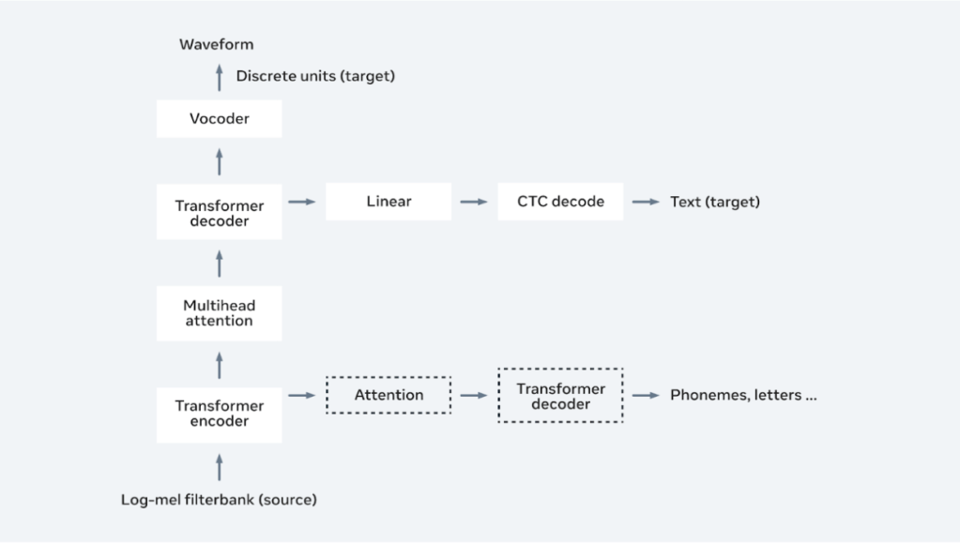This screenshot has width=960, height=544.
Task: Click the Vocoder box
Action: click(x=219, y=119)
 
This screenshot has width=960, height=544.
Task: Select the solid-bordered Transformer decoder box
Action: click(x=219, y=212)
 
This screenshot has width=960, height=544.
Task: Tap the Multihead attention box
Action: click(x=219, y=313)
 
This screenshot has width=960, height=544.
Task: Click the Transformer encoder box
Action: click(x=219, y=414)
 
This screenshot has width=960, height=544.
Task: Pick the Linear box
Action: click(x=389, y=202)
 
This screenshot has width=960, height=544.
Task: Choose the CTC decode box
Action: click(x=560, y=202)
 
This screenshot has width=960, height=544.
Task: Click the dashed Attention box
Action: click(x=389, y=395)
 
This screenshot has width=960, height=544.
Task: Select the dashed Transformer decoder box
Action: click(x=560, y=396)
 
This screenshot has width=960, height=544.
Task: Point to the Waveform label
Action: click(x=218, y=44)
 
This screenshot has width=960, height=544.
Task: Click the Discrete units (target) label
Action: click(x=315, y=76)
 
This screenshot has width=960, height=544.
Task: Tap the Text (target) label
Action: click(x=714, y=202)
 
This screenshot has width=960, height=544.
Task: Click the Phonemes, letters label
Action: click(x=742, y=395)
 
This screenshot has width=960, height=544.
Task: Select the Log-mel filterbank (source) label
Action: click(x=219, y=500)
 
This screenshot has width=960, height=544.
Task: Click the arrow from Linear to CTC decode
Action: click(x=474, y=202)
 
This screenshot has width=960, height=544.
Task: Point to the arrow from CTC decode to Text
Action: click(x=646, y=202)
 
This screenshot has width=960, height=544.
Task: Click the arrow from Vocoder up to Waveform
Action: click(x=219, y=77)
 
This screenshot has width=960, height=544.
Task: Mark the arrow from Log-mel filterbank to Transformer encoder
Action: click(x=219, y=465)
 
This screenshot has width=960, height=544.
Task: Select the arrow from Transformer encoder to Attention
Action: click(x=301, y=395)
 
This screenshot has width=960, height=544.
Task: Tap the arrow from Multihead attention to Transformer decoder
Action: click(x=219, y=263)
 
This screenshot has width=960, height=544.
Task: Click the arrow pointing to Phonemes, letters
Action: click(x=646, y=395)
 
